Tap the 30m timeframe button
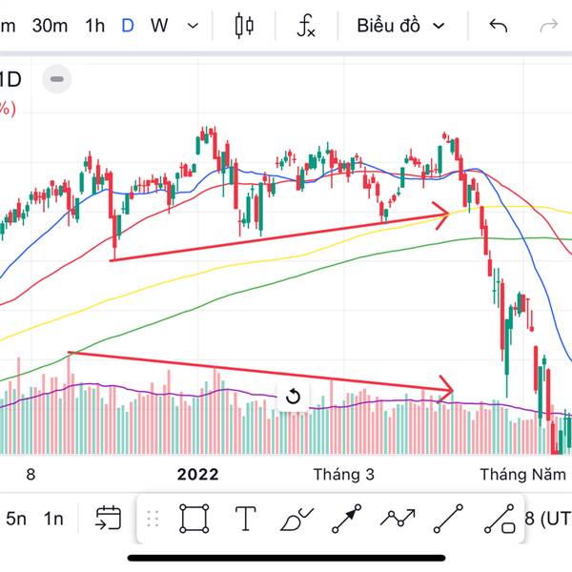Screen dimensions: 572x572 click(x=50, y=26)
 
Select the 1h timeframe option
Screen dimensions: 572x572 click(x=94, y=26)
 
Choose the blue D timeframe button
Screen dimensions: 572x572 click(x=128, y=26)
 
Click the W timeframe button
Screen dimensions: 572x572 click(x=159, y=26)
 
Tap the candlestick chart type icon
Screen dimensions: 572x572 click(x=245, y=26)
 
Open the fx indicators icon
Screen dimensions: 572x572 click(x=305, y=26)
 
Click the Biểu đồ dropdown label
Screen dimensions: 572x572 click(x=389, y=26)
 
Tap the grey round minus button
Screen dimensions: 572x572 click(x=57, y=79)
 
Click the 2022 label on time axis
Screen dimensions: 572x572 click(x=198, y=474)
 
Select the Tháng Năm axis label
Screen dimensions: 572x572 click(x=516, y=474)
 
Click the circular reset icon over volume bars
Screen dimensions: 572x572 click(x=293, y=397)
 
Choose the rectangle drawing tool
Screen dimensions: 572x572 click(x=194, y=519)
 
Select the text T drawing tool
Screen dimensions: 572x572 click(x=246, y=519)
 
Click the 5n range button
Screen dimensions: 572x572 click(x=16, y=519)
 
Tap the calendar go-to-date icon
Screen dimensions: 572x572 click(x=109, y=519)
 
